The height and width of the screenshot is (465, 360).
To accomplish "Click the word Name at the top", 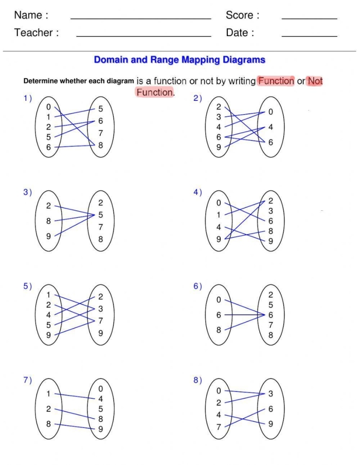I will click(x=27, y=15).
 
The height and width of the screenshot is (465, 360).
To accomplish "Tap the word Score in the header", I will click(x=239, y=15).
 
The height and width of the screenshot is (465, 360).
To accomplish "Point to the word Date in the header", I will click(x=237, y=33).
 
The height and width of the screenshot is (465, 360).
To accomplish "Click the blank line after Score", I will click(x=309, y=19).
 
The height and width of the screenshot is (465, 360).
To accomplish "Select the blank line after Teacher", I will click(x=143, y=36).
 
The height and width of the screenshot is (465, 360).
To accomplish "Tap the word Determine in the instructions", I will click(x=41, y=81).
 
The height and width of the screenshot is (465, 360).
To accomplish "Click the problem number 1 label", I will click(x=26, y=98).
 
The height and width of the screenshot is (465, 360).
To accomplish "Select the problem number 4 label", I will click(x=196, y=192).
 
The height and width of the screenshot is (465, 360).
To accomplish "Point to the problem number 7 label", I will click(x=26, y=380).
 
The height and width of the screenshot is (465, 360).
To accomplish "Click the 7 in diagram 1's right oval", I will click(x=100, y=133).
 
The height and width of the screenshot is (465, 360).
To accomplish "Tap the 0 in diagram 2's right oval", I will click(x=271, y=112).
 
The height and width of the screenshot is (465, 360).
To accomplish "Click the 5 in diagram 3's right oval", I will click(x=100, y=215).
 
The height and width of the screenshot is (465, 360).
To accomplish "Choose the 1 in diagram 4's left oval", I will click(x=219, y=215).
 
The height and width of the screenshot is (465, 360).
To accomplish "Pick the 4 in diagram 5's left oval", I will click(x=49, y=315).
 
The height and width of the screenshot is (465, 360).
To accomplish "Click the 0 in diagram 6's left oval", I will click(x=219, y=299).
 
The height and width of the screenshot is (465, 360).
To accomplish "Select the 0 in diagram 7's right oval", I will click(x=100, y=389).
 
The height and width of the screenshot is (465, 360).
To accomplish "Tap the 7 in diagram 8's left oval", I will click(x=219, y=426).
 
